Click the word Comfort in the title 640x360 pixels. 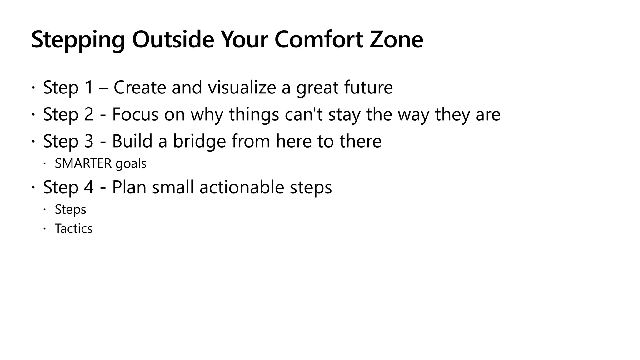(319, 39)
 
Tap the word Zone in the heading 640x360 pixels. (396, 39)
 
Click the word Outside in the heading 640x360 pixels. (173, 39)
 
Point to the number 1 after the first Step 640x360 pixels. (89, 87)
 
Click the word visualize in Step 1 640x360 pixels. (242, 87)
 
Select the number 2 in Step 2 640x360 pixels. (89, 114)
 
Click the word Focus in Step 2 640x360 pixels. (135, 114)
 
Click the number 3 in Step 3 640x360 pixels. (89, 141)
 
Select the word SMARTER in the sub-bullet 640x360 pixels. (83, 163)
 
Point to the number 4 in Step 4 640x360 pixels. (89, 187)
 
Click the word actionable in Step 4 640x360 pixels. (242, 187)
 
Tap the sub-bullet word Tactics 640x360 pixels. (74, 229)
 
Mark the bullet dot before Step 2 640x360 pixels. (33, 115)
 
